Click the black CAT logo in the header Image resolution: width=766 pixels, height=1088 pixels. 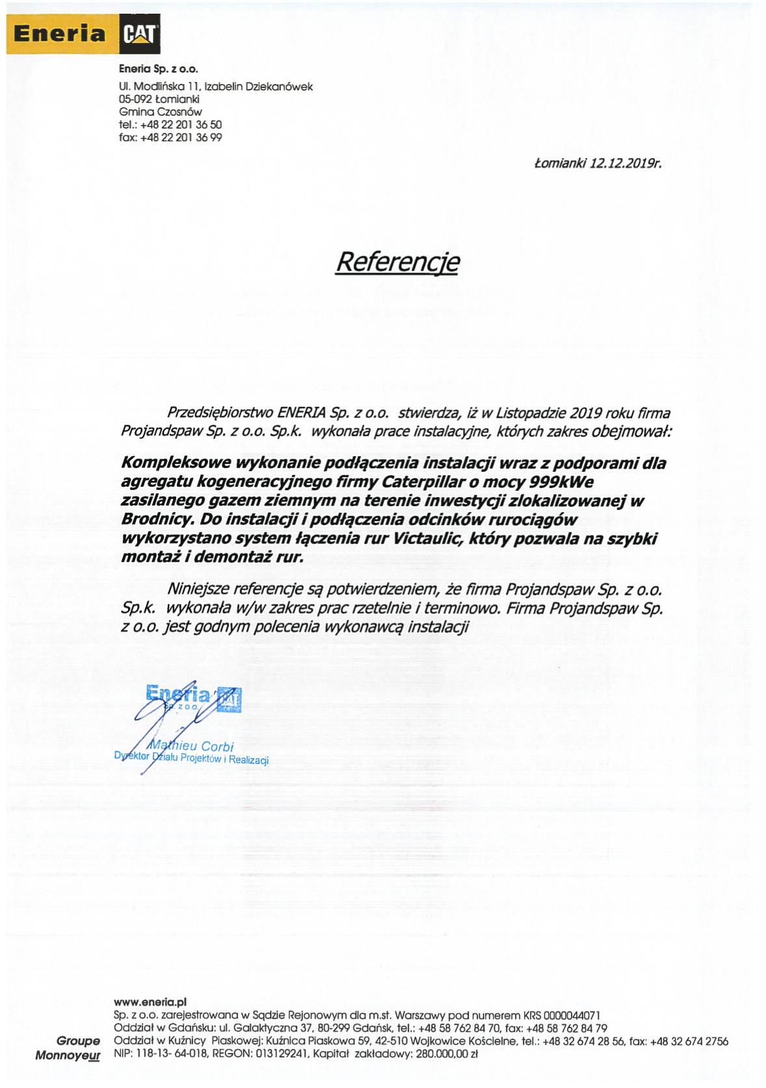tap(140, 34)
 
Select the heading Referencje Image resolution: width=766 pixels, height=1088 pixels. tap(397, 262)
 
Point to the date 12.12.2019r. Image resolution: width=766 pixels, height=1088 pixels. tap(626, 163)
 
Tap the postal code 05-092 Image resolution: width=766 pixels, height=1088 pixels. tap(135, 100)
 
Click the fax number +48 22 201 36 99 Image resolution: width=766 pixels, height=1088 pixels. tap(181, 137)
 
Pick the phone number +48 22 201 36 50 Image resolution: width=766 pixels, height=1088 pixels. tap(181, 125)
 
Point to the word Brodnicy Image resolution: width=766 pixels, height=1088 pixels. tap(157, 519)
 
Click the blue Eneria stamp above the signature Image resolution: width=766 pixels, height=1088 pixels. tap(194, 697)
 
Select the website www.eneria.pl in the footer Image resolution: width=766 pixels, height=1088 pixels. tap(150, 1002)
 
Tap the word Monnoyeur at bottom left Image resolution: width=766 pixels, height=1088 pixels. tap(68, 1055)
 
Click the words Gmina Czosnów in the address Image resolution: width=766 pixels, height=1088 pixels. tap(160, 112)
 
